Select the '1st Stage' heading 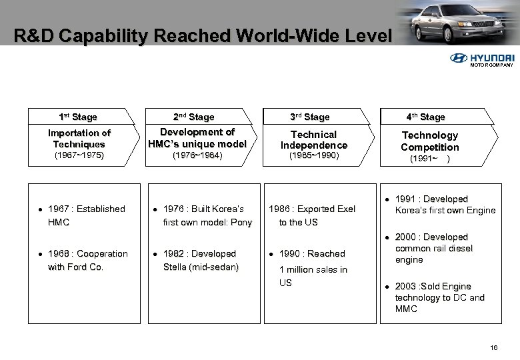click(79, 117)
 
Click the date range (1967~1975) click(79, 156)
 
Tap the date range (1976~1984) click(196, 156)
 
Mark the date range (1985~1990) click(314, 156)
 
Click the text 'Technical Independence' click(314, 139)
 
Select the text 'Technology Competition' click(429, 141)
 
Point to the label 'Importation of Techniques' click(79, 138)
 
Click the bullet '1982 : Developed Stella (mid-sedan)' click(200, 260)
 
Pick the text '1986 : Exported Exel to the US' click(311, 215)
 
